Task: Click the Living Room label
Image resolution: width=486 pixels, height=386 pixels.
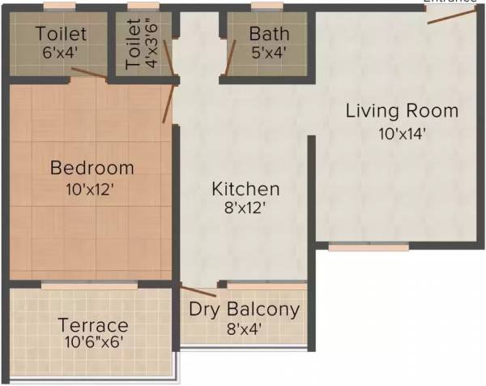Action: pyautogui.click(x=402, y=110)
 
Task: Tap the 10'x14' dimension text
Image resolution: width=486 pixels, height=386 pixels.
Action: pyautogui.click(x=402, y=134)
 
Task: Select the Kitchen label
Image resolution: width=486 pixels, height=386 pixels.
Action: pyautogui.click(x=245, y=189)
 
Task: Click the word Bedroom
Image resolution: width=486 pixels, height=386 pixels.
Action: pyautogui.click(x=92, y=168)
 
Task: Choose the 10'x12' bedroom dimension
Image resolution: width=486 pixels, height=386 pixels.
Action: pyautogui.click(x=92, y=191)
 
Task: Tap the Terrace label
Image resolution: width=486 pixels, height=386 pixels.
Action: pyautogui.click(x=92, y=325)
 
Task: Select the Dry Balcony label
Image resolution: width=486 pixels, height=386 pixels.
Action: pyautogui.click(x=244, y=309)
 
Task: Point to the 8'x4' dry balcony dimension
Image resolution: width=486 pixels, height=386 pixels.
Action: pyautogui.click(x=244, y=329)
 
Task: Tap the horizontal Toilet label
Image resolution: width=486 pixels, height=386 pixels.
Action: pyautogui.click(x=61, y=34)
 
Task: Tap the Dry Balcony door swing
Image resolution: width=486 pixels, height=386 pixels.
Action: pyautogui.click(x=198, y=290)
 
